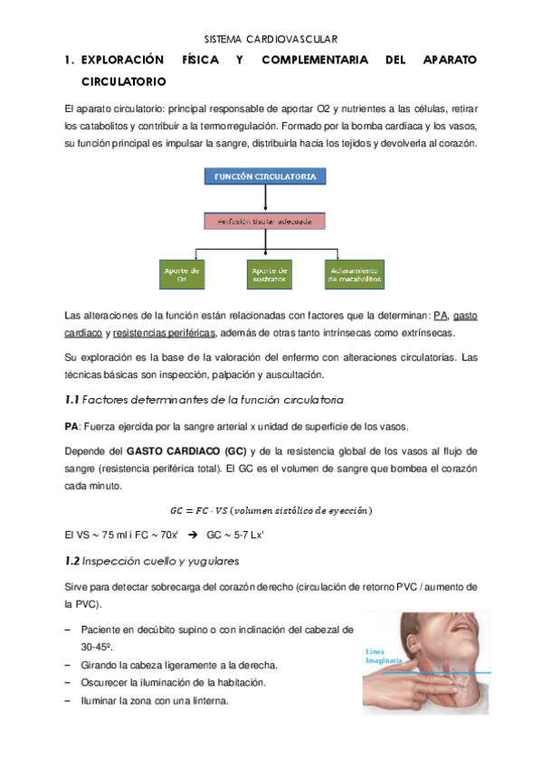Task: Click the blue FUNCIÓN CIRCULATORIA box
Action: click(264, 176)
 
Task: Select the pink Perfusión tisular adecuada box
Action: click(264, 220)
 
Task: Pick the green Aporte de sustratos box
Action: click(269, 274)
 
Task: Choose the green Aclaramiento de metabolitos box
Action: click(354, 274)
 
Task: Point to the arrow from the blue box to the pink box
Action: click(264, 198)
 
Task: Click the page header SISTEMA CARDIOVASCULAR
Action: click(271, 39)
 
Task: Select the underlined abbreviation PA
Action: click(441, 316)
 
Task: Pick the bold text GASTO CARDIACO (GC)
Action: click(185, 451)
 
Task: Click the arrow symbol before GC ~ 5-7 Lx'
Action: click(191, 535)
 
